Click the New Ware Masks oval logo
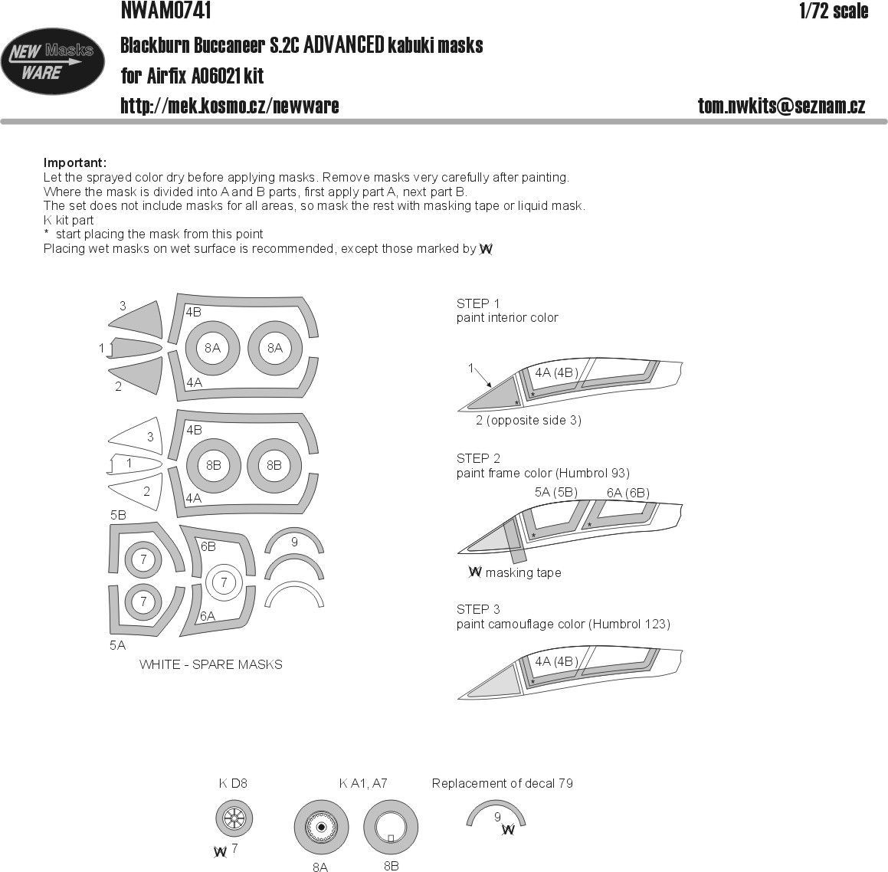pyautogui.click(x=53, y=61)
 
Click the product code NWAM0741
pyautogui.click(x=166, y=10)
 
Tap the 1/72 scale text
pyautogui.click(x=834, y=11)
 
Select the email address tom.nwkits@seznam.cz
pyautogui.click(x=782, y=106)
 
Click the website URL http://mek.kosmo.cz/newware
pyautogui.click(x=229, y=106)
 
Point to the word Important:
pyautogui.click(x=75, y=163)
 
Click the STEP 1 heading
pyautogui.click(x=478, y=303)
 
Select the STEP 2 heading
pyautogui.click(x=478, y=459)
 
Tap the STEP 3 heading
pyautogui.click(x=478, y=609)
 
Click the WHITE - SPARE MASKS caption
pyautogui.click(x=211, y=665)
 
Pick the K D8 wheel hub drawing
pyautogui.click(x=234, y=818)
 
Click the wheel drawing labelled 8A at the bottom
pyautogui.click(x=321, y=828)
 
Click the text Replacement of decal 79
pyautogui.click(x=503, y=784)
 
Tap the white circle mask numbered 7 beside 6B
pyautogui.click(x=224, y=582)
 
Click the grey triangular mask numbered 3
pyautogui.click(x=136, y=320)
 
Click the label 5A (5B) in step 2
pyautogui.click(x=556, y=492)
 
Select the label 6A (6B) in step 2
pyautogui.click(x=628, y=493)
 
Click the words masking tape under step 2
pyautogui.click(x=523, y=573)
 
